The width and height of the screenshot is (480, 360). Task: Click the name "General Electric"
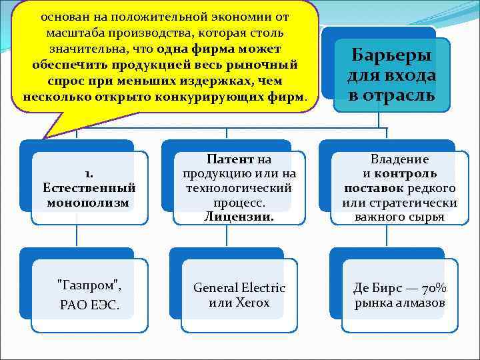point(239,288)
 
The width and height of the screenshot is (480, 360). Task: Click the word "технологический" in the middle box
point(240,188)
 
